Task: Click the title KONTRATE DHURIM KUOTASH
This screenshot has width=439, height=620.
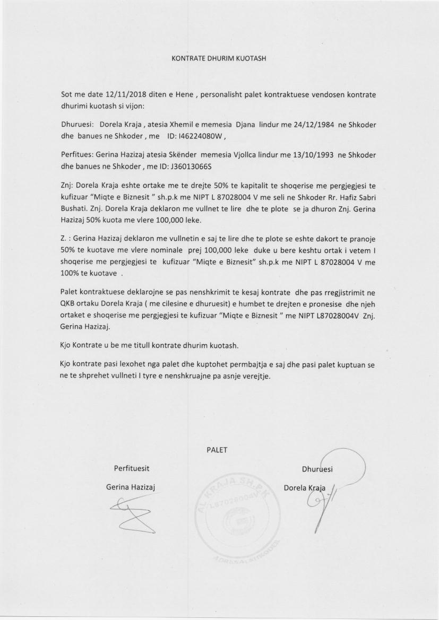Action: click(x=219, y=58)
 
